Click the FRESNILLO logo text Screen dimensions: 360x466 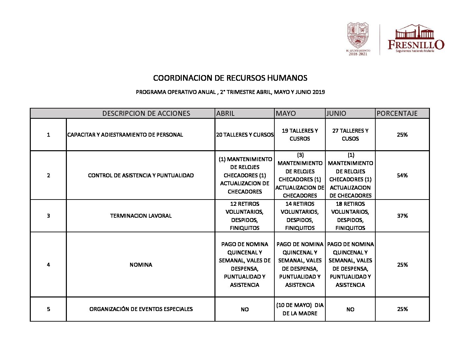pyautogui.click(x=416, y=44)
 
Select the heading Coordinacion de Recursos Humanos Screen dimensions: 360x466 pyautogui.click(x=230, y=78)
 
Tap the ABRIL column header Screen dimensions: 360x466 pyautogui.click(x=225, y=113)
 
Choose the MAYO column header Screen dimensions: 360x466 pyautogui.click(x=286, y=113)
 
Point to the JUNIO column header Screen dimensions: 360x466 pyautogui.click(x=336, y=113)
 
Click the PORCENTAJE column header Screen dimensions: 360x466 pyautogui.click(x=397, y=113)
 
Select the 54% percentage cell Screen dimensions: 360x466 pyautogui.click(x=402, y=175)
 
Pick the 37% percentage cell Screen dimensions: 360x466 pyautogui.click(x=402, y=216)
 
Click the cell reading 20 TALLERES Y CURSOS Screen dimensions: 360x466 pyautogui.click(x=245, y=135)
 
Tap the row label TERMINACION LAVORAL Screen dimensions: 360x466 pyautogui.click(x=141, y=216)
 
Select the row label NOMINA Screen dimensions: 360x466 pyautogui.click(x=141, y=265)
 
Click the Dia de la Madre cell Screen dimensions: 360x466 pyautogui.click(x=300, y=309)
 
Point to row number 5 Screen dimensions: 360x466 pyautogui.click(x=48, y=309)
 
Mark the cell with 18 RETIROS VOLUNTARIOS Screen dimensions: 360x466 pyautogui.click(x=350, y=216)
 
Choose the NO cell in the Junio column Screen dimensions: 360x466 pyautogui.click(x=350, y=309)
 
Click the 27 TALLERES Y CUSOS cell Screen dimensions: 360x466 pyautogui.click(x=350, y=135)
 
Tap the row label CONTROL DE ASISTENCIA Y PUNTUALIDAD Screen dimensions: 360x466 pyautogui.click(x=141, y=175)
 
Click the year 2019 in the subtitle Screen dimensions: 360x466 pyautogui.click(x=319, y=92)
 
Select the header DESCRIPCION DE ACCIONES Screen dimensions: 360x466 pyautogui.click(x=146, y=113)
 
